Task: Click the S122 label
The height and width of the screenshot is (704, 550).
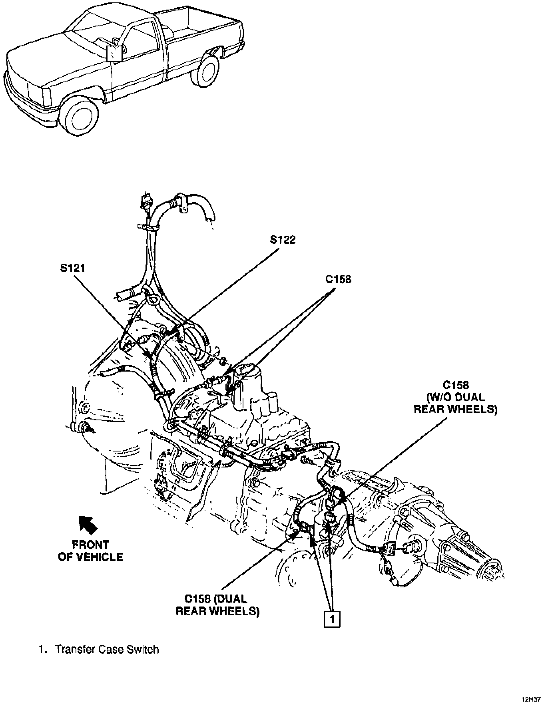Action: [283, 239]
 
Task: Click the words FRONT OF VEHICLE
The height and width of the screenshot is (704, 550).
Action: [90, 551]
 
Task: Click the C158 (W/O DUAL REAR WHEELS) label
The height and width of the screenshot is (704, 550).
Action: [455, 397]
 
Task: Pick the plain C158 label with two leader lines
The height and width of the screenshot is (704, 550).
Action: [338, 279]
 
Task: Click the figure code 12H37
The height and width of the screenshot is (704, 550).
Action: [531, 699]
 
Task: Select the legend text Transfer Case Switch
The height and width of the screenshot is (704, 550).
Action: [107, 649]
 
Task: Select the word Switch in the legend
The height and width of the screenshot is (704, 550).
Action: [143, 649]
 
